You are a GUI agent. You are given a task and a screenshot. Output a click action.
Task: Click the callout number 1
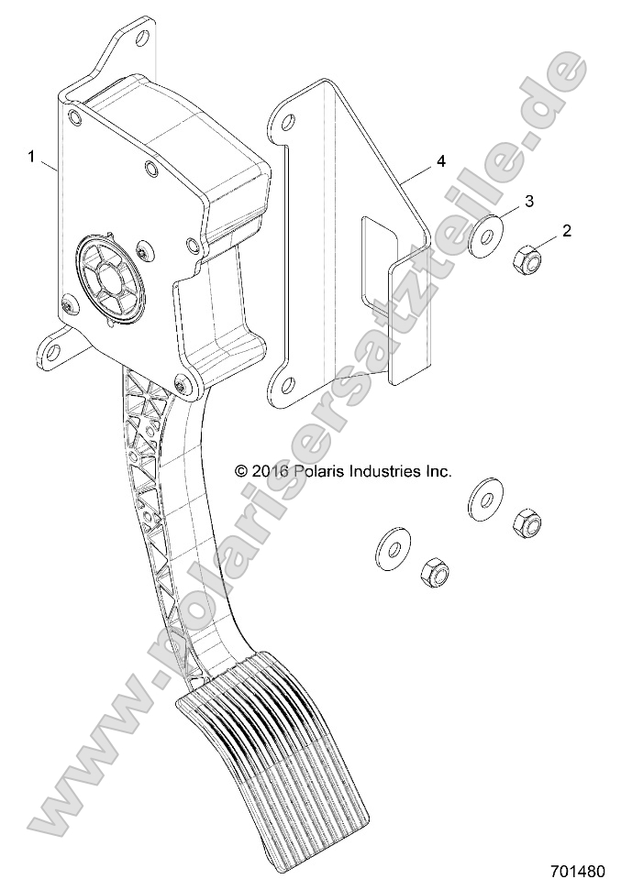pos(32,158)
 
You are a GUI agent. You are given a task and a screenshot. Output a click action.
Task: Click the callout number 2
pos(566,231)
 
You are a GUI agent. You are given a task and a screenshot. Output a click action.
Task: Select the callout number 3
pos(529,200)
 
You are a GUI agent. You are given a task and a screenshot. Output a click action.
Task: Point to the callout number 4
pos(441,161)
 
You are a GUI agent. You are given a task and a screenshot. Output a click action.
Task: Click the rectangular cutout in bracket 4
pos(378,261)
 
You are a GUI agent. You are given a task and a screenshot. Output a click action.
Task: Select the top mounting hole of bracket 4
pos(288,121)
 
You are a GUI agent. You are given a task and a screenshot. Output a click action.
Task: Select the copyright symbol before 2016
pos(241,471)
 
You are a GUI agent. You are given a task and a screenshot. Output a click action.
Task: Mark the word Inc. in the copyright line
pos(438,471)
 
